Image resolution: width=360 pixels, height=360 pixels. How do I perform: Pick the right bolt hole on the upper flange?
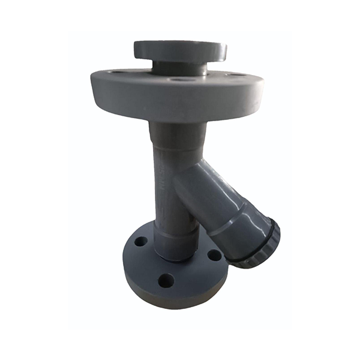coord(235,74)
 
